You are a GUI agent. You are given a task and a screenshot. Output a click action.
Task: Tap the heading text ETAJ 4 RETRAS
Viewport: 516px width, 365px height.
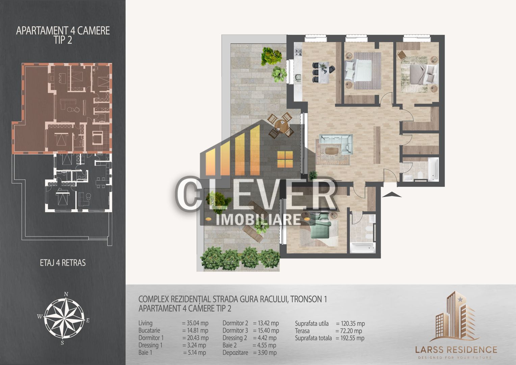pos(62,263)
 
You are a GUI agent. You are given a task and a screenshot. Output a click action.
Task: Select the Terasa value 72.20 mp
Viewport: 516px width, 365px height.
pos(349,331)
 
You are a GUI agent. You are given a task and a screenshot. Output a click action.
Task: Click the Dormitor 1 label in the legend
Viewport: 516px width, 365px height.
pos(151,338)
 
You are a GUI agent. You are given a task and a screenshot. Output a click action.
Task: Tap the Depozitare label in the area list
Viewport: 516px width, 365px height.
pos(235,352)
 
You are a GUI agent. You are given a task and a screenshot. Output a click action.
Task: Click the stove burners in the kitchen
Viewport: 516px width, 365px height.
pos(299,52)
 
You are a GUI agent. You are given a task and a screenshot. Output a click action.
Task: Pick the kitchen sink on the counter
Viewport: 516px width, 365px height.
pos(298,78)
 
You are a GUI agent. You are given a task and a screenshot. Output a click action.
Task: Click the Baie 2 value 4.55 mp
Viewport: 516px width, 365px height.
pos(264,345)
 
